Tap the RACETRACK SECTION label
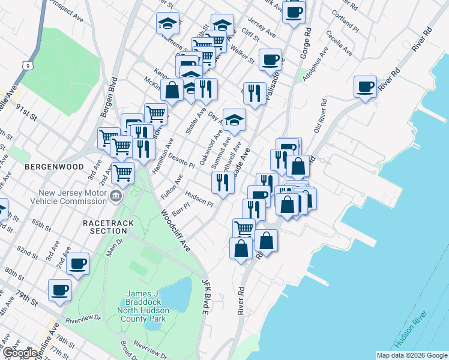105,227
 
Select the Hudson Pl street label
199,199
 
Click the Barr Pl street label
180,208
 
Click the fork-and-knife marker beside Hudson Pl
223,182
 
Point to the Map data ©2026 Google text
411,355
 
